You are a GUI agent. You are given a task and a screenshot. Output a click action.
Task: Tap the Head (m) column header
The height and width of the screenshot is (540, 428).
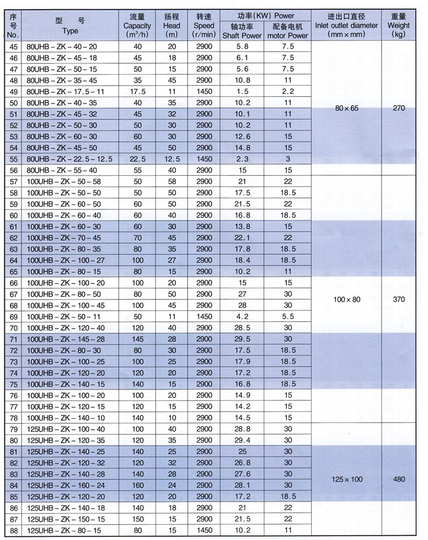pyautogui.click(x=171, y=26)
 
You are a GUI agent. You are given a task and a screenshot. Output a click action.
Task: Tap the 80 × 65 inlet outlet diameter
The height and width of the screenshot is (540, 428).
pyautogui.click(x=345, y=108)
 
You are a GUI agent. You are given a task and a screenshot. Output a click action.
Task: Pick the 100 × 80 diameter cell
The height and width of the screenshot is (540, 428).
pyautogui.click(x=345, y=300)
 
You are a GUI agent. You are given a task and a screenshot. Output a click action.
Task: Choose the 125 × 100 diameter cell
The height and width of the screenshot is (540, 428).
pyautogui.click(x=345, y=475)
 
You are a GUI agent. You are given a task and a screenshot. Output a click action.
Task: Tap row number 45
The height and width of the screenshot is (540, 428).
pyautogui.click(x=12, y=47)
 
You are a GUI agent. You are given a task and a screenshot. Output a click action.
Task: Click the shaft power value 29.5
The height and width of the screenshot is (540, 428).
pyautogui.click(x=242, y=339)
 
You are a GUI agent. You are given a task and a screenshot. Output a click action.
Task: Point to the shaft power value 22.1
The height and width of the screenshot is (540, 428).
pyautogui.click(x=242, y=238)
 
